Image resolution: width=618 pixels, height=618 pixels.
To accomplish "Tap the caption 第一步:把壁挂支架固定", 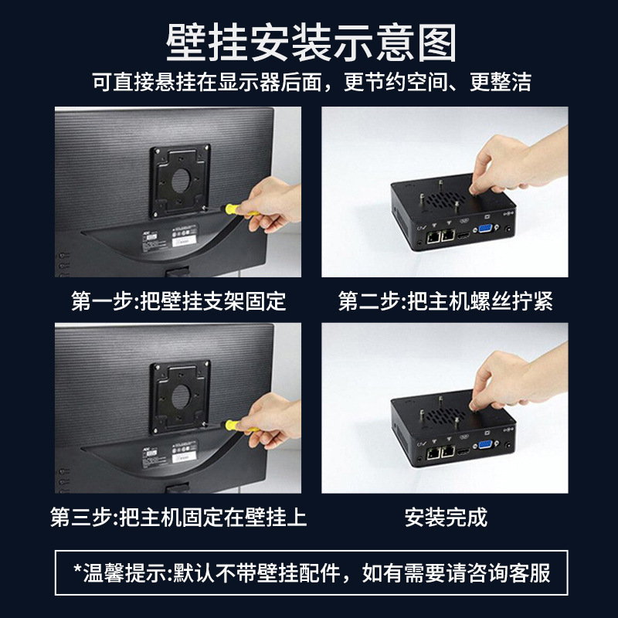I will pyautogui.click(x=178, y=301).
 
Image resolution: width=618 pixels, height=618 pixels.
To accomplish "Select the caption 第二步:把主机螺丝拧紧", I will pyautogui.click(x=446, y=301).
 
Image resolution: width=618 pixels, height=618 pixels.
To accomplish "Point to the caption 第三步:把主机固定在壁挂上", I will pyautogui.click(x=178, y=517).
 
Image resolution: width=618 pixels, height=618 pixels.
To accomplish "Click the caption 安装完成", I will pyautogui.click(x=446, y=517).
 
